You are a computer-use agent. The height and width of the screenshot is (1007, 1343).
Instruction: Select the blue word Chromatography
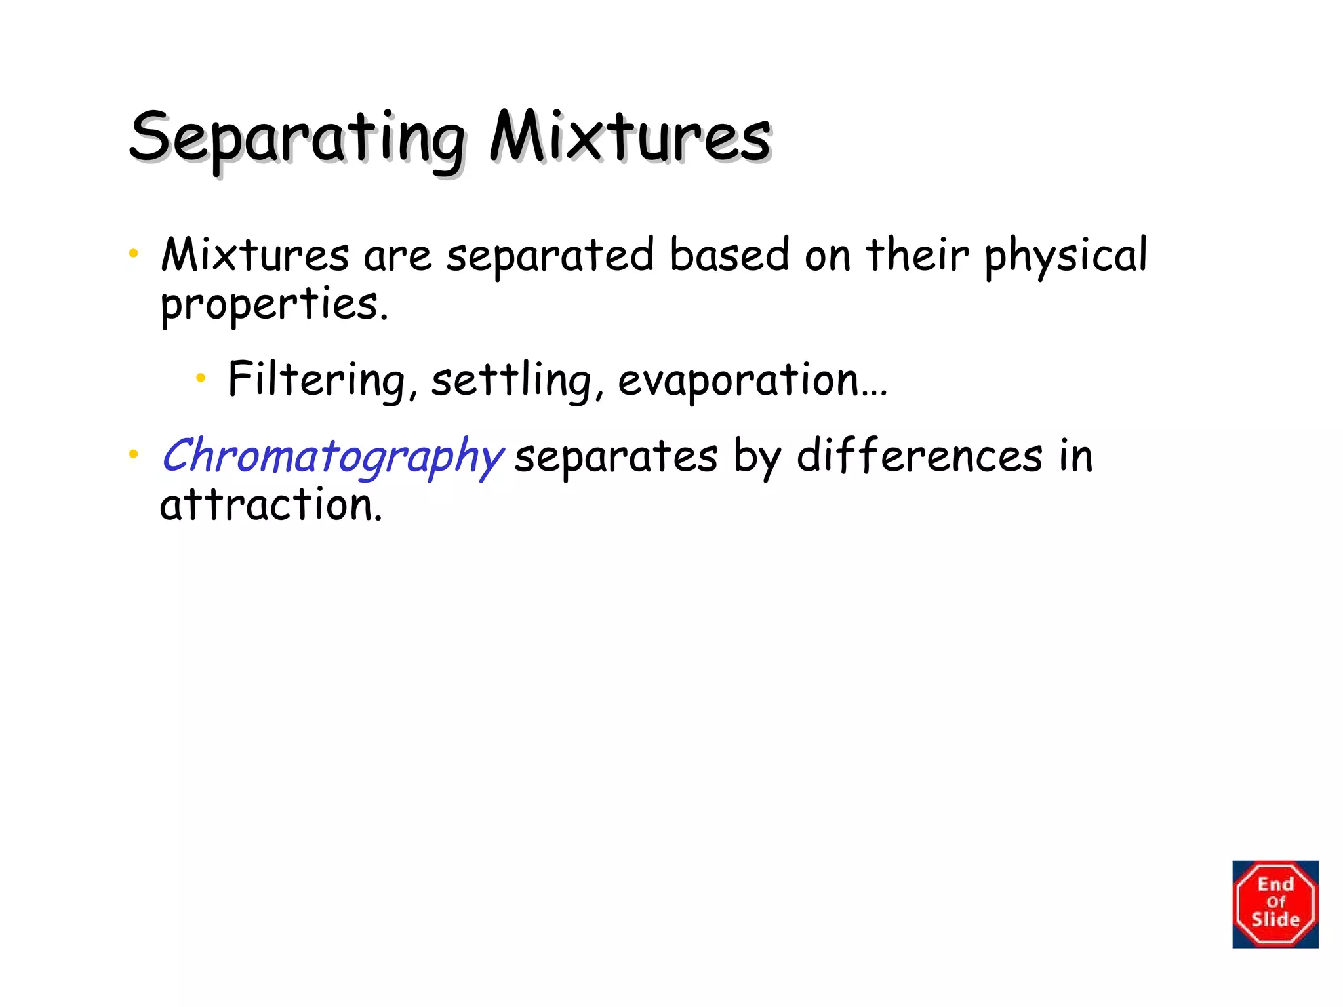(x=332, y=456)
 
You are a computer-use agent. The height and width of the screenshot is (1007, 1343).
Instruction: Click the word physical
(x=1066, y=256)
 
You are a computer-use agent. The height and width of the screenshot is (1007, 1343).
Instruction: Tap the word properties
(x=274, y=306)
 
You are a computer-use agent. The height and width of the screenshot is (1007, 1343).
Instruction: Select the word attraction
(x=271, y=505)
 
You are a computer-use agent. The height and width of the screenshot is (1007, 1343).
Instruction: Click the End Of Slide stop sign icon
(x=1275, y=904)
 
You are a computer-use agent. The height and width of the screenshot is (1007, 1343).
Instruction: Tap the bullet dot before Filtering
(x=201, y=377)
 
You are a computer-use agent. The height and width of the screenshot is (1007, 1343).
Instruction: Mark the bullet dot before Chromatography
(x=134, y=454)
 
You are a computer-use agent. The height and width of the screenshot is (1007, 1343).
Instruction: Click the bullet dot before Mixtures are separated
(x=134, y=253)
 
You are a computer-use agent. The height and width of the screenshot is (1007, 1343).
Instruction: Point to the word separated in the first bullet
(x=550, y=256)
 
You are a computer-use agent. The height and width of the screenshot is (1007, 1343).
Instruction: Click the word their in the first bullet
(x=917, y=255)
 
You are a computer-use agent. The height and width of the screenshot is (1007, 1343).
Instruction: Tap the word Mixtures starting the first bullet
(x=254, y=255)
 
